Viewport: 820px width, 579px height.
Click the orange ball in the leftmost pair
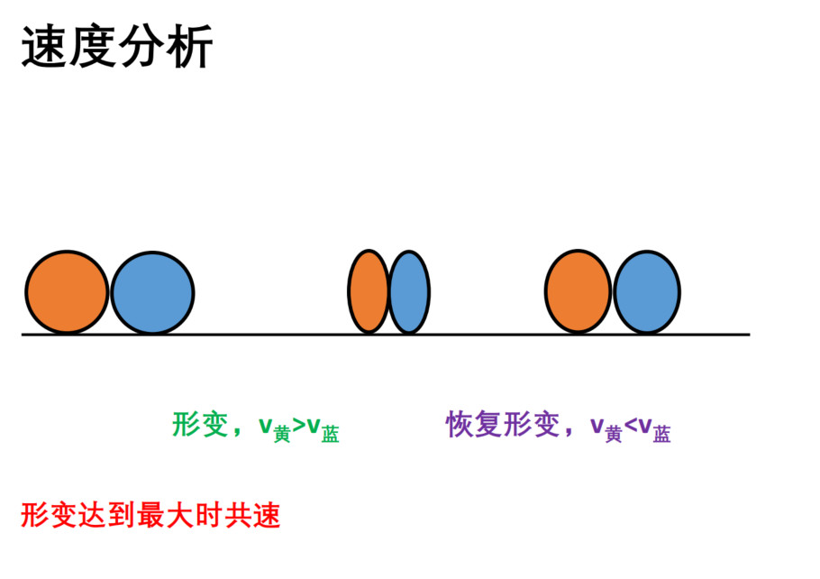[x=67, y=291]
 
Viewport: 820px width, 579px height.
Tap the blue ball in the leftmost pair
[x=152, y=292]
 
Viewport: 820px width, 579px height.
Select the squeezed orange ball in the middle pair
[x=369, y=291]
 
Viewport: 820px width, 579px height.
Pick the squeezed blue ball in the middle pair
[x=409, y=292]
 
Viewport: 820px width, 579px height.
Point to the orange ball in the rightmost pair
[x=578, y=291]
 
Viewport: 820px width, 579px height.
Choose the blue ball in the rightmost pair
[x=647, y=292]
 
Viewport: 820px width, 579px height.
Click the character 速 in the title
[x=44, y=46]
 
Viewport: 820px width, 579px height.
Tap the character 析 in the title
[x=189, y=46]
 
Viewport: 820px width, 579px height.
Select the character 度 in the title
[x=93, y=46]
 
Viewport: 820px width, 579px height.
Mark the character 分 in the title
[x=141, y=46]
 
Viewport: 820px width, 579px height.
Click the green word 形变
[x=200, y=424]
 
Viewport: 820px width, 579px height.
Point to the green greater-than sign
[x=298, y=425]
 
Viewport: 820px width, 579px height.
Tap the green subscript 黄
[x=282, y=434]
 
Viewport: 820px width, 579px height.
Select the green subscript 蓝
[x=330, y=434]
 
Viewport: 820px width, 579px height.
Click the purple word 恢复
[x=474, y=424]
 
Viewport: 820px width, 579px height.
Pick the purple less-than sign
[x=630, y=425]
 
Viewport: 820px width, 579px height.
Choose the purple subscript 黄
[x=614, y=434]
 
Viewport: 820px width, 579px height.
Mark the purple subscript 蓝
[x=661, y=434]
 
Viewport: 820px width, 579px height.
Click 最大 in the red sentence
[x=165, y=515]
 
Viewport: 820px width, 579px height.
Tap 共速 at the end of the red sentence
[x=252, y=515]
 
